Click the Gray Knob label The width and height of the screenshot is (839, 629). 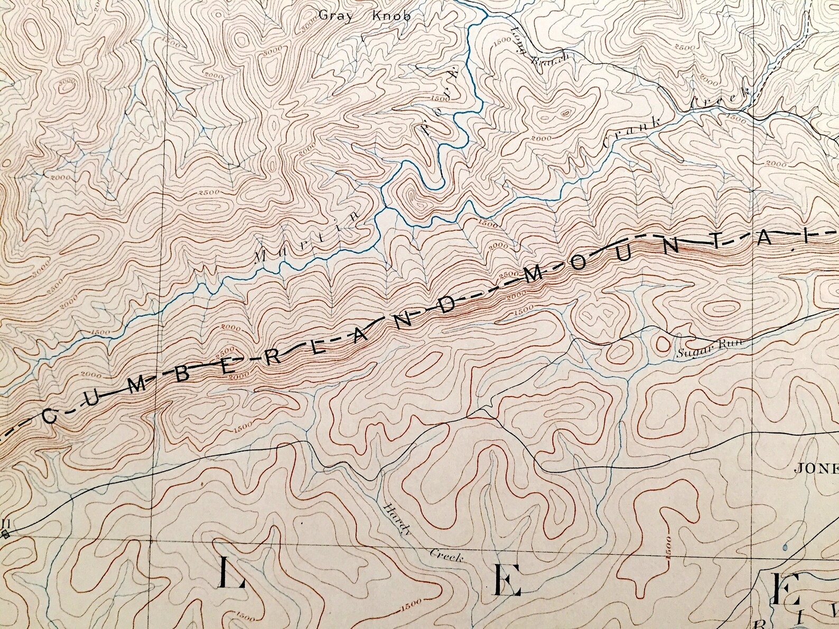click(x=364, y=15)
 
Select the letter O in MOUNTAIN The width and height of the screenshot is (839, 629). click(x=579, y=262)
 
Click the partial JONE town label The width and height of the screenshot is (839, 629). click(x=817, y=468)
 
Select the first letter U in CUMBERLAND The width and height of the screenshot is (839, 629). click(x=93, y=400)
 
